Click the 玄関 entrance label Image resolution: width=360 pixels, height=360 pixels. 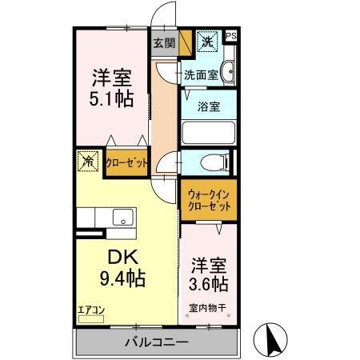point(163,43)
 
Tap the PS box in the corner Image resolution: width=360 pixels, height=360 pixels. point(231,36)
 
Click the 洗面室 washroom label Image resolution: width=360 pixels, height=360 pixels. point(201,75)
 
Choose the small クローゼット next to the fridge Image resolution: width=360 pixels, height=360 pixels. point(126,162)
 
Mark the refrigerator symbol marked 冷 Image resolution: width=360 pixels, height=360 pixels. point(87,161)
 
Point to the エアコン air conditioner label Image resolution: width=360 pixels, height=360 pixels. point(91,309)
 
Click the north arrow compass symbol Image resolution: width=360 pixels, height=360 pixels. point(274,339)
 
